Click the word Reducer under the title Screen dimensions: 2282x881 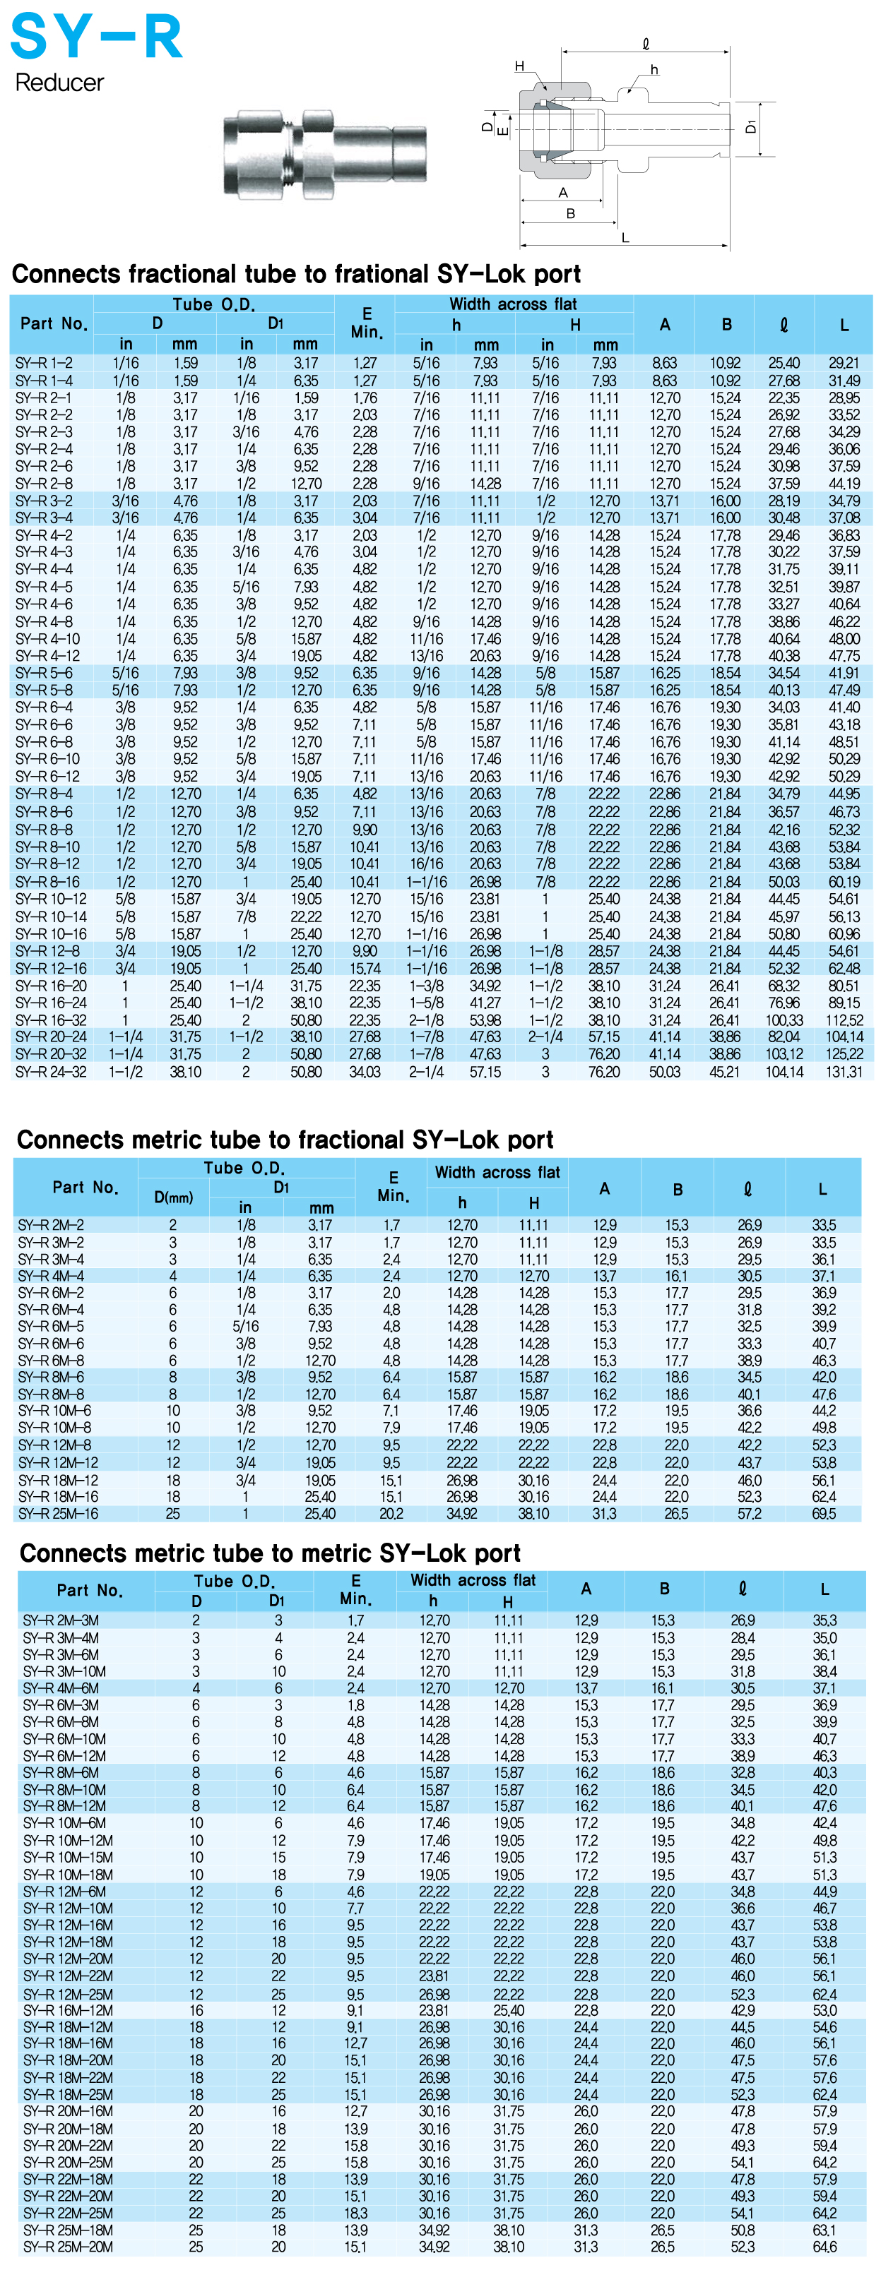coord(59,83)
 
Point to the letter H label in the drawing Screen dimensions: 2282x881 coord(519,66)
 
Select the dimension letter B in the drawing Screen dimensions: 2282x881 coord(570,213)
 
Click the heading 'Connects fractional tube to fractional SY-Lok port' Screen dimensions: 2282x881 coord(296,274)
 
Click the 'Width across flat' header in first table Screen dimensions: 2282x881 coord(512,304)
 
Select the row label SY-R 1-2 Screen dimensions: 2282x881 coord(45,362)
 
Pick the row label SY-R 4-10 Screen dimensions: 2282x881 coord(48,639)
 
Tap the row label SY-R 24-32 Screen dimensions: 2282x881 coord(49,1071)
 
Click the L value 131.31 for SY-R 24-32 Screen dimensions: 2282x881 coord(844,1071)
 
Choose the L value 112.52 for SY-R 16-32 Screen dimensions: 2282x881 coord(844,1020)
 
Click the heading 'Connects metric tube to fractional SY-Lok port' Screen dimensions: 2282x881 coord(285,1139)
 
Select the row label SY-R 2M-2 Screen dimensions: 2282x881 coord(52,1224)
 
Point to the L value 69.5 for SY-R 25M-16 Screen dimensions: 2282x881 coord(823,1514)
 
